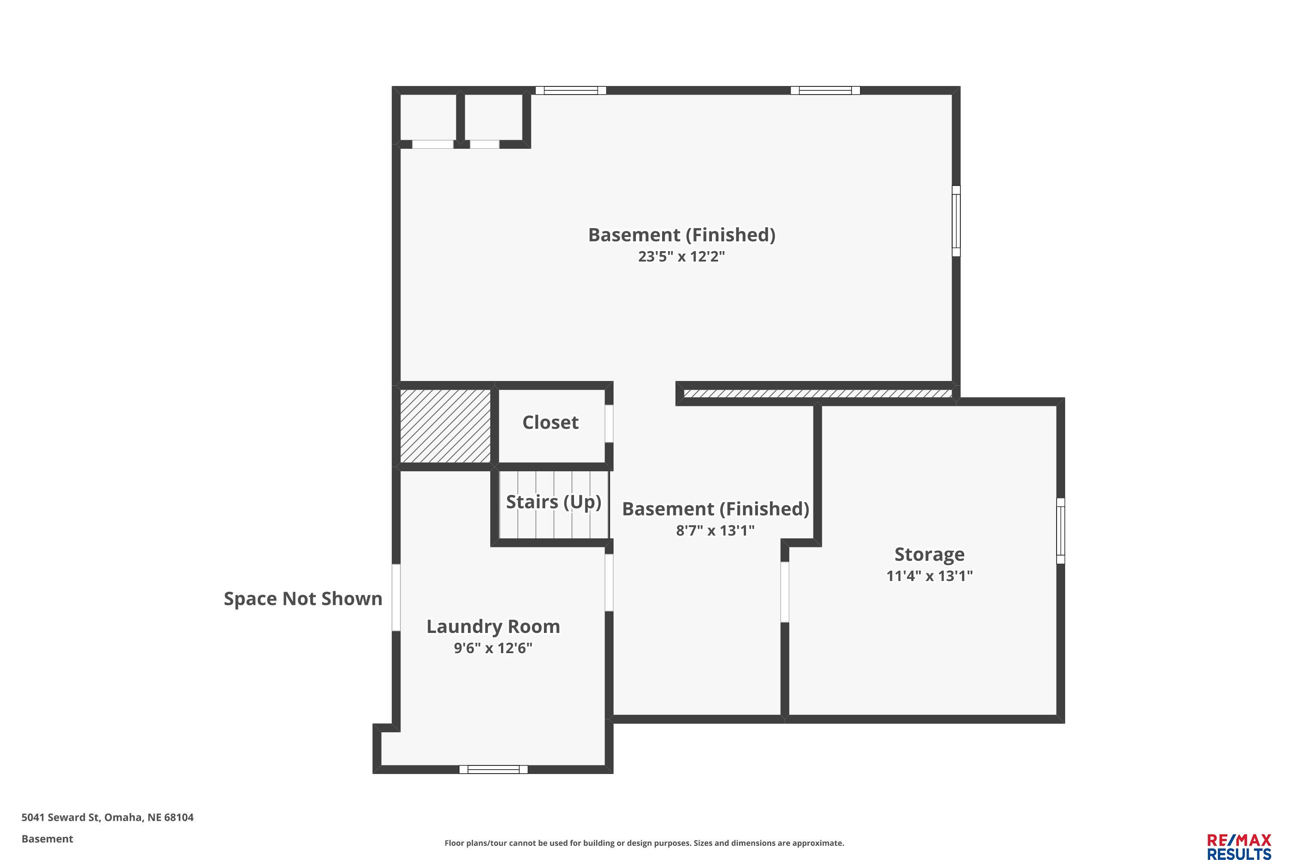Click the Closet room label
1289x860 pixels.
[x=550, y=422]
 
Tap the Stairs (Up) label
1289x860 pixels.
[x=553, y=502]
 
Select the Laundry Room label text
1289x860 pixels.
[x=493, y=627]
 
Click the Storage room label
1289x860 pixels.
[x=929, y=555]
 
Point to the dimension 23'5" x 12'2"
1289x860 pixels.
[x=681, y=257]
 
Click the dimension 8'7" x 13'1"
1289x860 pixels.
[x=715, y=530]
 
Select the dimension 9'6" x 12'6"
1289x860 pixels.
[x=493, y=648]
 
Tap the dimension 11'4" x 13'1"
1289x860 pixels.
[x=929, y=576]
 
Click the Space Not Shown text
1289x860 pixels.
[x=303, y=599]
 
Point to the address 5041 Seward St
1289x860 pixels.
[x=61, y=817]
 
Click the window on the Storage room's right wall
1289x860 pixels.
[x=1060, y=531]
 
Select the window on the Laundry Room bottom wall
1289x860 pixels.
[x=493, y=770]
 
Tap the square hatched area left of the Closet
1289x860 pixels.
[x=446, y=426]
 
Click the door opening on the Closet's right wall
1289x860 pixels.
[x=609, y=424]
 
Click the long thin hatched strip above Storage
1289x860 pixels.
[x=818, y=394]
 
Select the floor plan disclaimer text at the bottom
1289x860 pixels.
[x=644, y=843]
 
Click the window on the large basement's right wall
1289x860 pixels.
[x=956, y=221]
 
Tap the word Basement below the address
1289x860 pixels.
[x=47, y=839]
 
